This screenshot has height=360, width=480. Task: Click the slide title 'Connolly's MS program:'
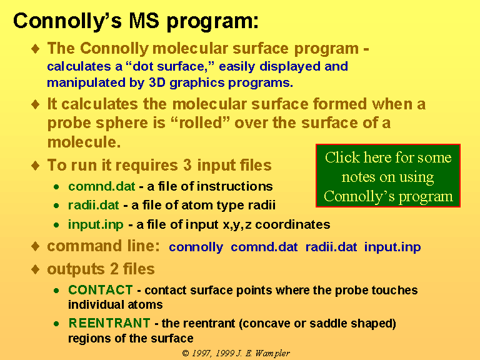pyautogui.click(x=136, y=21)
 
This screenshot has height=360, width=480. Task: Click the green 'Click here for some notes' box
pyautogui.click(x=388, y=176)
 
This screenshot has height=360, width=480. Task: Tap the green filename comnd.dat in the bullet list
pyautogui.click(x=101, y=186)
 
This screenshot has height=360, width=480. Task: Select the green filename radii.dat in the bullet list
pyautogui.click(x=93, y=205)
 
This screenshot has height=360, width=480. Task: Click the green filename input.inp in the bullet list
pyautogui.click(x=96, y=225)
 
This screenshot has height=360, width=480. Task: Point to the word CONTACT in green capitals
pyautogui.click(x=101, y=290)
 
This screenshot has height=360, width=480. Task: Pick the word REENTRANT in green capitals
pyautogui.click(x=109, y=323)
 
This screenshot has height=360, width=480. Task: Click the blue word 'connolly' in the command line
pyautogui.click(x=196, y=247)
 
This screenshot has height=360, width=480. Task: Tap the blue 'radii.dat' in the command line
pyautogui.click(x=331, y=247)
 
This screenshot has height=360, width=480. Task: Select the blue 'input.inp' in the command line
pyautogui.click(x=392, y=247)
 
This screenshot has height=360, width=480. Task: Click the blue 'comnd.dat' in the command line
pyautogui.click(x=264, y=247)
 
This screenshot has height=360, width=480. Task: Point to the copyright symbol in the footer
pyautogui.click(x=186, y=353)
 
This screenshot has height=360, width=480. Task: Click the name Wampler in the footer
pyautogui.click(x=272, y=354)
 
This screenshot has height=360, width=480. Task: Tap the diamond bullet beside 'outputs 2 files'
pyautogui.click(x=36, y=269)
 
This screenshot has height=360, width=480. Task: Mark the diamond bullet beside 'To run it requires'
pyautogui.click(x=36, y=165)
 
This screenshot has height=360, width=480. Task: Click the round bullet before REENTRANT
pyautogui.click(x=56, y=324)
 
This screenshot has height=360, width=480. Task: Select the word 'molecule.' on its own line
pyautogui.click(x=84, y=142)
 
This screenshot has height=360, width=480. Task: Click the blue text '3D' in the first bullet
pyautogui.click(x=157, y=82)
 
